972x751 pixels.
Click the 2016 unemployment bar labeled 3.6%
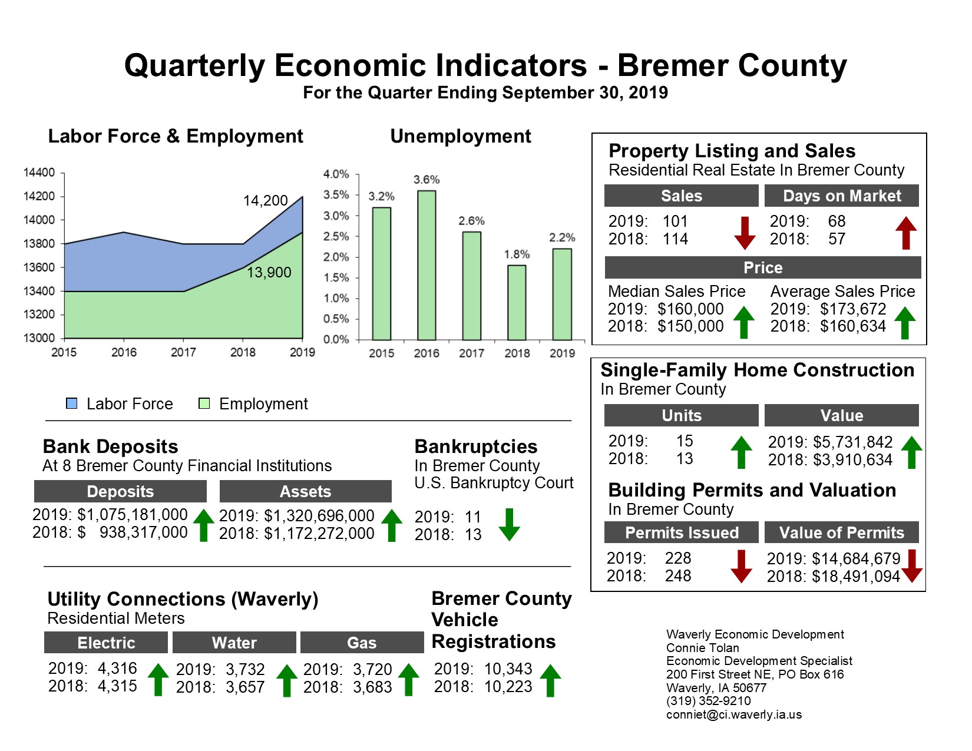427,265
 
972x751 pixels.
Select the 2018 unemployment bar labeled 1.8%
517,303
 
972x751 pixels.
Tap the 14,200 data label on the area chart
266,201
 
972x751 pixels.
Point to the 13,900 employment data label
269,273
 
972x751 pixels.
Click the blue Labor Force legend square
72,403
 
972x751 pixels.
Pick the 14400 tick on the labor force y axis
39,173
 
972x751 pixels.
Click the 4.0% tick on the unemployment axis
336,174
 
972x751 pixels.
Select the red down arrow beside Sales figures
745,233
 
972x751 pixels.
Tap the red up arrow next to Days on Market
906,233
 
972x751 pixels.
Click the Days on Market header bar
841,196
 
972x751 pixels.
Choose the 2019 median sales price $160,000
690,309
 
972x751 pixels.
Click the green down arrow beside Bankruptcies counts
510,525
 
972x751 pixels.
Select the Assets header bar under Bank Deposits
305,491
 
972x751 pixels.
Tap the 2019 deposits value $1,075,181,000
133,515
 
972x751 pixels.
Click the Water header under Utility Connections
234,643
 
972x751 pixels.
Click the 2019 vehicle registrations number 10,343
508,669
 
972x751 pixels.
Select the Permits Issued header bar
682,532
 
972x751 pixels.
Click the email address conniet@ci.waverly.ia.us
734,714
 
